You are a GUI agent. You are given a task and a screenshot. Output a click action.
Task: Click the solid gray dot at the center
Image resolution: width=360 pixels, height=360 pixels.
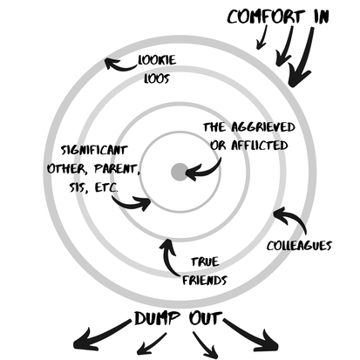pos(179,172)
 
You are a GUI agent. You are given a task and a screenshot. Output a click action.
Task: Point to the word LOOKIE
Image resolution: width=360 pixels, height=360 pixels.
pos(156,62)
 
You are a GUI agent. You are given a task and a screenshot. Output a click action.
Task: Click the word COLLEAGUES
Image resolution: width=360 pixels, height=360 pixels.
pos(299,245)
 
